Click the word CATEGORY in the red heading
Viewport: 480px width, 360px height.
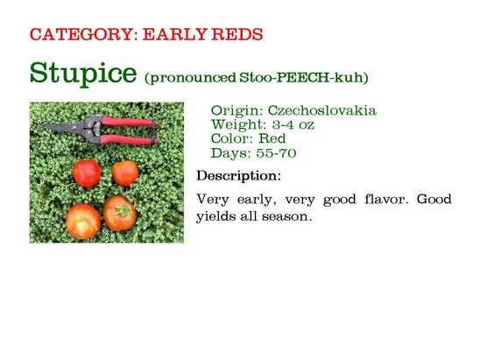pos(83,34)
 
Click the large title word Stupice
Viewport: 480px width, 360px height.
pos(83,74)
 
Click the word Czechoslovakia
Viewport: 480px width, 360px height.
pos(322,110)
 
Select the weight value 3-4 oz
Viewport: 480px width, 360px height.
pos(293,124)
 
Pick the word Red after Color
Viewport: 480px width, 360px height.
pos(272,138)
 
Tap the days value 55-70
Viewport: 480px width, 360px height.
pos(276,152)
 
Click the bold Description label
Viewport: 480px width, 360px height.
pos(238,176)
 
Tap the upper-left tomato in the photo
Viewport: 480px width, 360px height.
pos(87,173)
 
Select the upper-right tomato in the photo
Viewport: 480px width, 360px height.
pos(125,173)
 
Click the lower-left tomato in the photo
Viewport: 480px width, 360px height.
pos(83,222)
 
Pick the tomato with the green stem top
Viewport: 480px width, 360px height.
pos(120,213)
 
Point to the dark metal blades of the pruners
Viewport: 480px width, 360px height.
pos(61,126)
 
